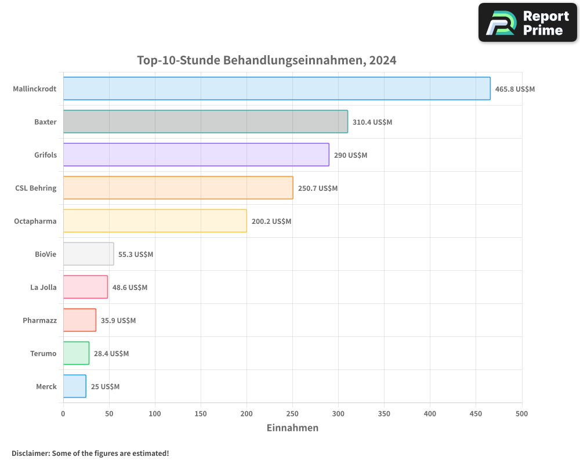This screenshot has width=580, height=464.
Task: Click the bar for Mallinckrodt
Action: (277, 89)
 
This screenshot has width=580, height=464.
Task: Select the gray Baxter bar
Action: (205, 122)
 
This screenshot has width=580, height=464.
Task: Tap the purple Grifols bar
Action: (196, 155)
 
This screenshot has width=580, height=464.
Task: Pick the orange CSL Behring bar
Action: (178, 188)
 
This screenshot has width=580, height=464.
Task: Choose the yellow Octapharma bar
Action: (155, 221)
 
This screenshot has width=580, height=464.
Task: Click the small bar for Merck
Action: (75, 386)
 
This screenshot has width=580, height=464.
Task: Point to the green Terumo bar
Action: (76, 353)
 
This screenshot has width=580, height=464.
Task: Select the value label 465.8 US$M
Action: (514, 89)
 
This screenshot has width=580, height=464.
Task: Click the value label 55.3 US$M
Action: (136, 255)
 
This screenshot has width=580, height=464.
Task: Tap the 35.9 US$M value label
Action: (118, 321)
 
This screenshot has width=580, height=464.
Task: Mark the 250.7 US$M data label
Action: (318, 188)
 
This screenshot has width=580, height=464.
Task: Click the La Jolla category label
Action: (43, 287)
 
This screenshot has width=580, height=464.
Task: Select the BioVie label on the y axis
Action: (46, 254)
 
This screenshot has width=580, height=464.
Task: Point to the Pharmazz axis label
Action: (39, 320)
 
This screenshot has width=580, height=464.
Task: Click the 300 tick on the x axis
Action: (338, 414)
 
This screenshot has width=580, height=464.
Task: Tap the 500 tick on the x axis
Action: (521, 414)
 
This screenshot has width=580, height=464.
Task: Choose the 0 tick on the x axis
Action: (63, 414)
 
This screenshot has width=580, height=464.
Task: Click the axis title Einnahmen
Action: (292, 428)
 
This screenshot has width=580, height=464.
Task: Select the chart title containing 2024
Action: (266, 60)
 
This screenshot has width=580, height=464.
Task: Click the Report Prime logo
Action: (527, 23)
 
